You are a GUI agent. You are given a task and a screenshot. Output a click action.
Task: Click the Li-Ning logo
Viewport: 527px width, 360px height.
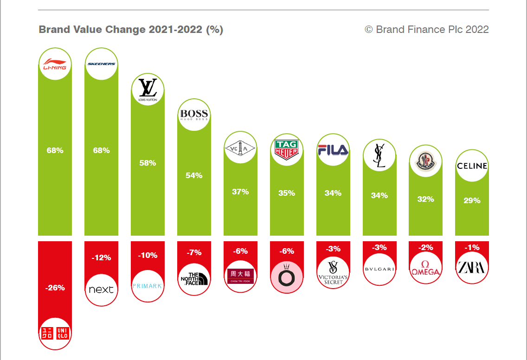[x=55, y=64]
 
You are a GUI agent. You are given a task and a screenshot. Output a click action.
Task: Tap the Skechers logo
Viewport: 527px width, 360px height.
[x=101, y=64]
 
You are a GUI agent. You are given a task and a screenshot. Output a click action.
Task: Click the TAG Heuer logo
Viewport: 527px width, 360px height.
[x=286, y=149]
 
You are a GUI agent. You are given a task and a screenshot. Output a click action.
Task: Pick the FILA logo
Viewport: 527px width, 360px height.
[x=333, y=150]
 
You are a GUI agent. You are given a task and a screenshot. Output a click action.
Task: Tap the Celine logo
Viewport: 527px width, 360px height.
[x=472, y=166]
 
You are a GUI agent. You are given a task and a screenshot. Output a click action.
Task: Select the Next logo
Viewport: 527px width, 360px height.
[x=101, y=289]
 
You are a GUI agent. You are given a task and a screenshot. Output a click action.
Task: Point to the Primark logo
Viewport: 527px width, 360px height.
[x=148, y=286]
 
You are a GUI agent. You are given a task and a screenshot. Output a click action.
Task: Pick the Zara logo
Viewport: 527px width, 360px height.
[x=472, y=267]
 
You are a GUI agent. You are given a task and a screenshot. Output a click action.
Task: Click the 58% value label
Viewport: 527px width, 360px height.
[x=148, y=163]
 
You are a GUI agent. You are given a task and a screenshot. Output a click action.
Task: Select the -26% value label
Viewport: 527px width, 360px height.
[x=55, y=288]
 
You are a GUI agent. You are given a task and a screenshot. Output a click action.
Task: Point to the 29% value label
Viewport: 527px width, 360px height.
[x=472, y=201]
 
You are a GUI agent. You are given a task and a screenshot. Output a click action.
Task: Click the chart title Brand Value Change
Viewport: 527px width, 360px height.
[x=131, y=30]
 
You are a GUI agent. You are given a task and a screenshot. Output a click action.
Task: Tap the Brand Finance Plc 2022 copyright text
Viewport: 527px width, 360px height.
[x=427, y=30]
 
